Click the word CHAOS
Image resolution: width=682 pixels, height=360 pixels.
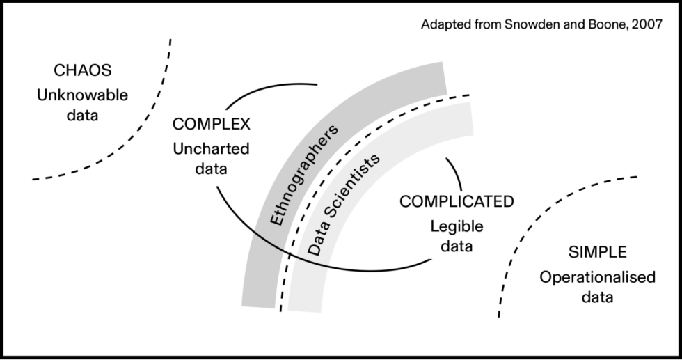[83, 70]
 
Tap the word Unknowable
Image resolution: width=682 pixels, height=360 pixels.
[83, 95]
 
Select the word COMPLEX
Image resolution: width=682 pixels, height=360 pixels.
[212, 124]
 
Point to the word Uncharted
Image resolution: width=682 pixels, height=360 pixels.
[212, 149]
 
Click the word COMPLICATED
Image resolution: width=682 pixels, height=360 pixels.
[457, 201]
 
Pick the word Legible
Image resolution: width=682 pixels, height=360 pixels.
[457, 227]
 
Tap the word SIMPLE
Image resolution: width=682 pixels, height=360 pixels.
[598, 252]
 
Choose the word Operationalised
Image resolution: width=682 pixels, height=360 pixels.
[598, 277]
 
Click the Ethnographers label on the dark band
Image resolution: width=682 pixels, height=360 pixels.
[303, 175]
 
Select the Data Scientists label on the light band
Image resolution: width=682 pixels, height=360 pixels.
[344, 204]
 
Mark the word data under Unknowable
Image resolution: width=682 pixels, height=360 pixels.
[83, 116]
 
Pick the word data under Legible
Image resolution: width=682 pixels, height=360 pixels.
[457, 246]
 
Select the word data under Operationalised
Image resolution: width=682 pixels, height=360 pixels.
[598, 297]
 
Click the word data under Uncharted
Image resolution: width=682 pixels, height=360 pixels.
[212, 169]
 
